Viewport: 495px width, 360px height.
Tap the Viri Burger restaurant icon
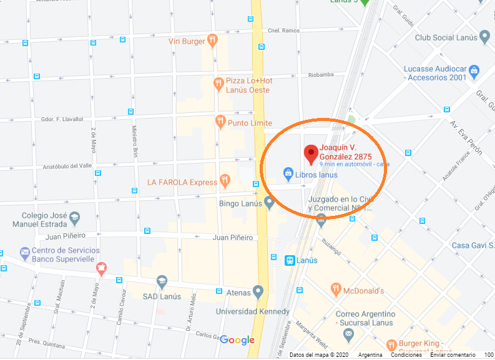[213, 41]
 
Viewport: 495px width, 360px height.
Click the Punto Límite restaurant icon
[220, 122]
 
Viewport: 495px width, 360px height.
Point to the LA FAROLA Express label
[182, 182]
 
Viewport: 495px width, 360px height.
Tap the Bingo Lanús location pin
[270, 202]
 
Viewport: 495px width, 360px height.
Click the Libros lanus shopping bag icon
[288, 173]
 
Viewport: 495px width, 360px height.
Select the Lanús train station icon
[290, 260]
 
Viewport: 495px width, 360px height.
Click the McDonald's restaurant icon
[336, 290]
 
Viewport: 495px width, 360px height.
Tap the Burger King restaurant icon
[391, 344]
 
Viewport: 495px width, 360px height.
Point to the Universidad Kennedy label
[252, 311]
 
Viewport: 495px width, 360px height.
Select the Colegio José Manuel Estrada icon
[75, 218]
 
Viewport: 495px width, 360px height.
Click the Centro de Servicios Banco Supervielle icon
[24, 253]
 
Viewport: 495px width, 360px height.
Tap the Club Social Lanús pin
[484, 37]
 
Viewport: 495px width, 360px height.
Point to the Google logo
[237, 340]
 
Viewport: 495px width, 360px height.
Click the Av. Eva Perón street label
[463, 133]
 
